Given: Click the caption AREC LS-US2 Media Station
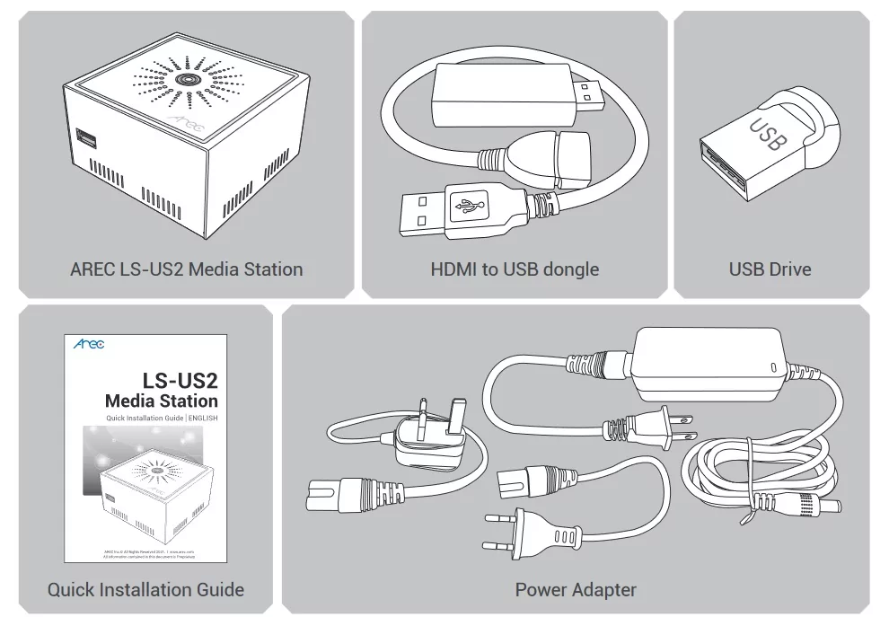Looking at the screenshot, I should [x=186, y=269].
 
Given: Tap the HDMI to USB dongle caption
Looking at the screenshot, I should [x=515, y=269].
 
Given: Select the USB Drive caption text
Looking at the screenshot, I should [x=770, y=269].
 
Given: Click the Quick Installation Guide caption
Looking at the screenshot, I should [x=145, y=589].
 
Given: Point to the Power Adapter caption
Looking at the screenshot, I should [x=576, y=589].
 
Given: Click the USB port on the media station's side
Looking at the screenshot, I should [x=88, y=140].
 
